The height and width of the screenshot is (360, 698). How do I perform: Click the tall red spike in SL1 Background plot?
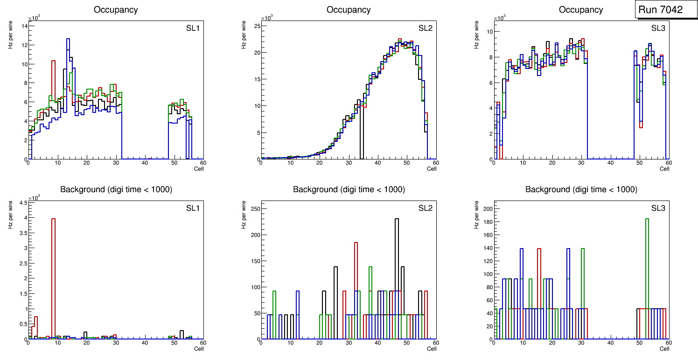coord(53,280)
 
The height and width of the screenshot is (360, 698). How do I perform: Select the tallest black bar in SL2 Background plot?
coord(397,280)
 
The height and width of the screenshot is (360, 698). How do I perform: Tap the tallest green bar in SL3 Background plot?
coord(647,280)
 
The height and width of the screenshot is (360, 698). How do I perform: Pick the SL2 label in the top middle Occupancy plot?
coord(425,28)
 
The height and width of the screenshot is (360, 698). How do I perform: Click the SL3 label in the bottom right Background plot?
coord(658,208)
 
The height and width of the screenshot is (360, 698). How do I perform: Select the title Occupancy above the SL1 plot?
coord(116,10)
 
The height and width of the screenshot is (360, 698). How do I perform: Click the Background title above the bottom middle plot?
coord(349,189)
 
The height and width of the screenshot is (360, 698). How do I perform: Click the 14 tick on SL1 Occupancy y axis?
coord(23,26)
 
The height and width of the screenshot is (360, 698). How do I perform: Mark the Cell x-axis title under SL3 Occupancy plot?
coord(664,169)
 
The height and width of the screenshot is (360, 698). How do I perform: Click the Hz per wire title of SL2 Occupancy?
coord(244,35)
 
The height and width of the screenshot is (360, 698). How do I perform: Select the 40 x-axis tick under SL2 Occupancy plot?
coord(377,163)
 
